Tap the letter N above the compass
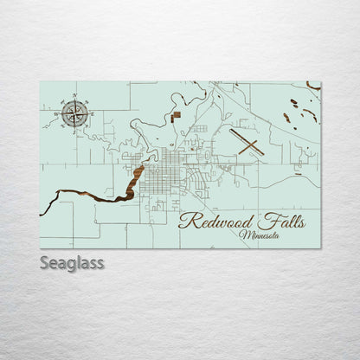(75, 95)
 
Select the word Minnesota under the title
(263, 234)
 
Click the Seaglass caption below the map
(72, 262)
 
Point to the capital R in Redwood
(185, 222)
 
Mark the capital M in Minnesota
(244, 234)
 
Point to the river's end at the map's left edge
(42, 212)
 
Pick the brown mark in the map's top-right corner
(312, 85)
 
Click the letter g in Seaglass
(72, 264)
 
